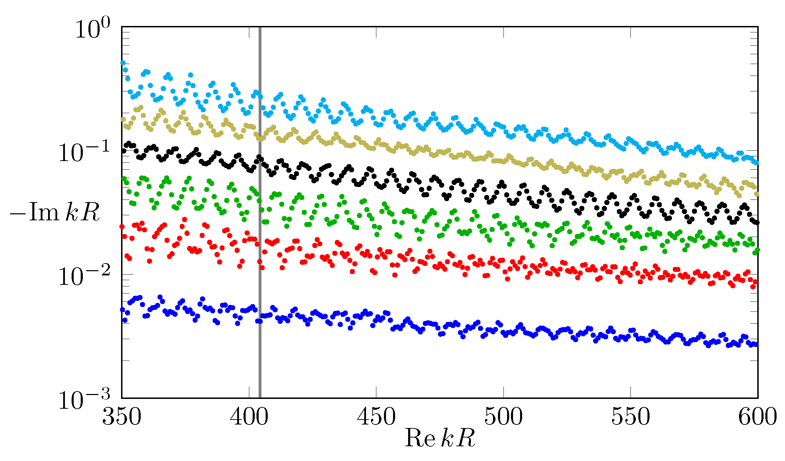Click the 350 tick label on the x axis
tap(122, 418)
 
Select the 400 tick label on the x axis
tap(249, 418)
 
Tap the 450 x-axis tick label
tap(376, 418)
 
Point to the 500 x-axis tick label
tap(504, 418)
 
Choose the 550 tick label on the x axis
tap(631, 418)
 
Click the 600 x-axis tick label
tap(757, 418)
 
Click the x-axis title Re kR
tap(440, 438)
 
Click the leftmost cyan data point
tap(123, 63)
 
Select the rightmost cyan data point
tap(757, 163)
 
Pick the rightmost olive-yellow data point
tap(757, 194)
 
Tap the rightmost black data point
tap(757, 222)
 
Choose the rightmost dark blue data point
tap(756, 345)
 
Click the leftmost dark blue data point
tap(122, 309)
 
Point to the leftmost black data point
tap(124, 151)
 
